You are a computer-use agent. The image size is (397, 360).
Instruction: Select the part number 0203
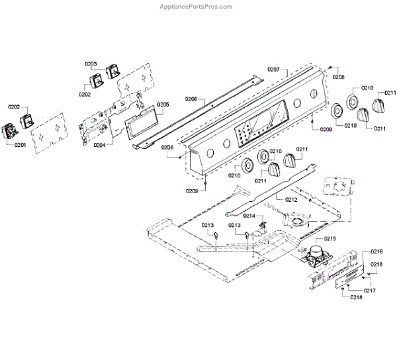(91, 64)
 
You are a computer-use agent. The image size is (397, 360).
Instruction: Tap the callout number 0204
(100, 144)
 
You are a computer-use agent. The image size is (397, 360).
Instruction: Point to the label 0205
(163, 105)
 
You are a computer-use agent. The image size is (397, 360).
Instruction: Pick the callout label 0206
(191, 99)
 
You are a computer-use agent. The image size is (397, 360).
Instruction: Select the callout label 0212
(291, 199)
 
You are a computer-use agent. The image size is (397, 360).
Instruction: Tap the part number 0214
(249, 216)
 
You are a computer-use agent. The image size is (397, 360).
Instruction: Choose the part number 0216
(376, 252)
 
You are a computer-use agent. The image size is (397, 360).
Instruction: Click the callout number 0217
(368, 290)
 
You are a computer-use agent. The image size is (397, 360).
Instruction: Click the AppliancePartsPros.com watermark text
(198, 7)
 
